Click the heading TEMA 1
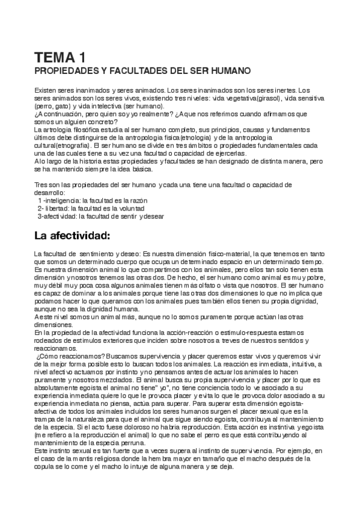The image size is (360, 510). pos(59,58)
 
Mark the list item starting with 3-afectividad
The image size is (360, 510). pos(100,216)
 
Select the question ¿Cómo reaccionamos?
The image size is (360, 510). pos(68,356)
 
